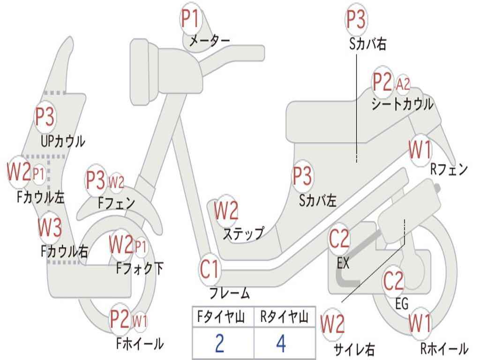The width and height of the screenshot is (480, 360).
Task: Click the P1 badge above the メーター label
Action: coord(190,19)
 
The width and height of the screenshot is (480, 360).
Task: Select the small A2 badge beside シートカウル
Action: coord(403,84)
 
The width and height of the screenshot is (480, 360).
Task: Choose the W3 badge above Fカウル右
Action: coord(49,228)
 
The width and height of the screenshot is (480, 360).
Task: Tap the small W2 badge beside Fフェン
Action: coord(116,182)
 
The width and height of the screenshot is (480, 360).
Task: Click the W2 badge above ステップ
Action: coord(226,210)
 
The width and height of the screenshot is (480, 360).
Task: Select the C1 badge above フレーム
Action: coord(210,270)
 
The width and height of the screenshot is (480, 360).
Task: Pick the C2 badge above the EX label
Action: coord(339,239)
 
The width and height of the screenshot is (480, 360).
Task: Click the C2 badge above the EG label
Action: coord(393,281)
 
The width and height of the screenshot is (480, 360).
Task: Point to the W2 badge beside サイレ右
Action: coord(333,324)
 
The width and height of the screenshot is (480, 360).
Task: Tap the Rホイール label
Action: coord(443,348)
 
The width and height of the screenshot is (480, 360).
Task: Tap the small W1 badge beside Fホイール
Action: coord(140,321)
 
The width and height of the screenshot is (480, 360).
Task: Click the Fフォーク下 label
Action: coord(140,269)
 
